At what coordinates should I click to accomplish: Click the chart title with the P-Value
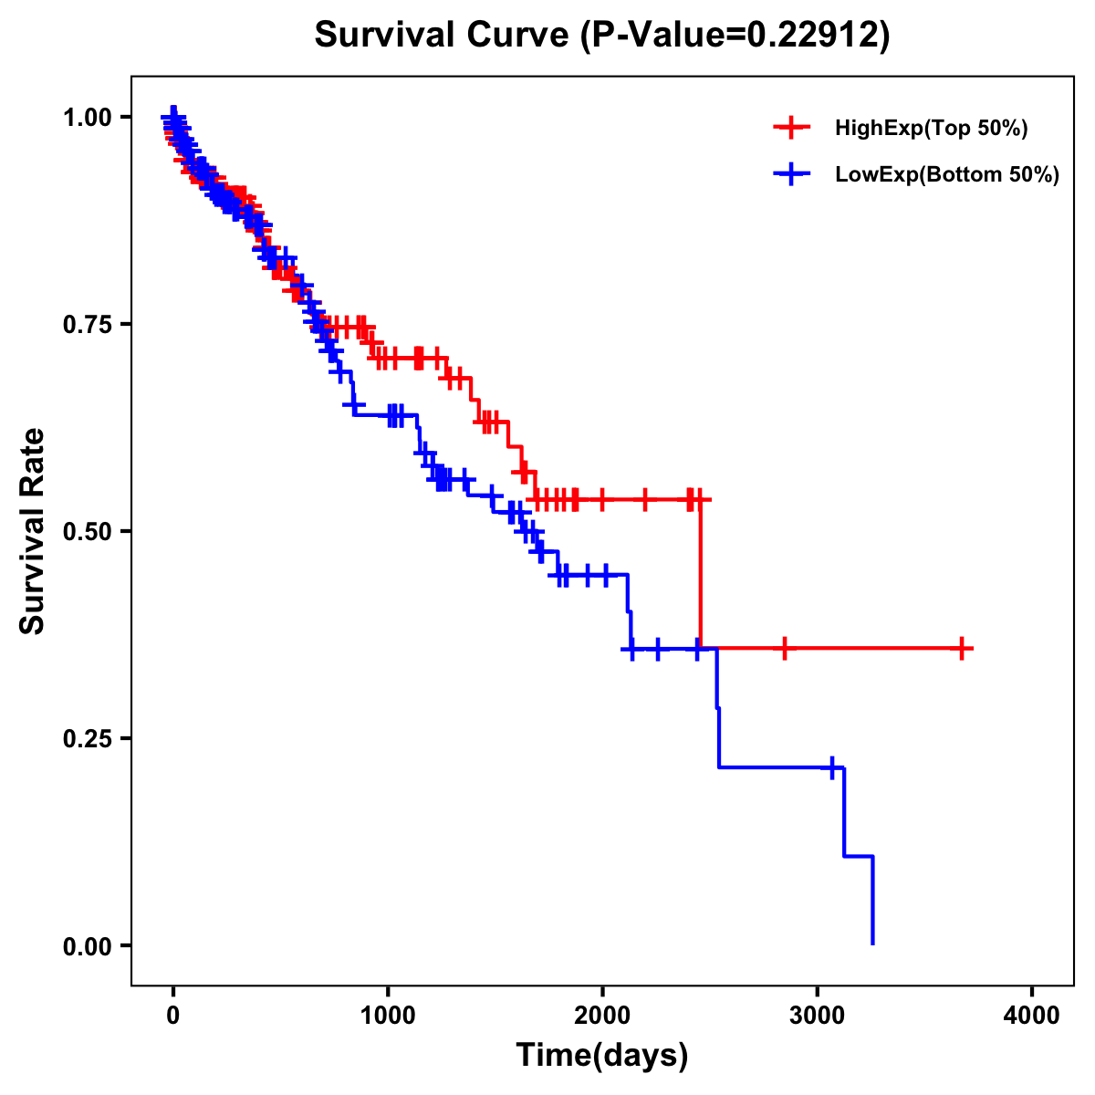(601, 35)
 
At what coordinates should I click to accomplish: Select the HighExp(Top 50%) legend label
(931, 129)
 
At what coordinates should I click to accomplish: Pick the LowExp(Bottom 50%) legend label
(947, 175)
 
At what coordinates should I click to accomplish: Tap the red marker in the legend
(791, 129)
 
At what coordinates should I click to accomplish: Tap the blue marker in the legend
(791, 174)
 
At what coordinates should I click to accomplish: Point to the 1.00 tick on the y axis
(87, 118)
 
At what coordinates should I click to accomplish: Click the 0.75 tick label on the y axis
(87, 325)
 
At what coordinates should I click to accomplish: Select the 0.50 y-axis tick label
(87, 532)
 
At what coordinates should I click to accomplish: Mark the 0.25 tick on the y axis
(87, 738)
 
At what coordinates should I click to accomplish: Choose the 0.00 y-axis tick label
(87, 946)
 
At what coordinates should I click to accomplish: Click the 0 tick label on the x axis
(173, 1015)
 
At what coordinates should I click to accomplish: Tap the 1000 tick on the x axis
(388, 1015)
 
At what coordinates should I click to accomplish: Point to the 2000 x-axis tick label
(602, 1015)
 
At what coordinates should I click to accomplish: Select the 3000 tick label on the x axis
(818, 1015)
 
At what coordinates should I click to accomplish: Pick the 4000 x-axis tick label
(1032, 1015)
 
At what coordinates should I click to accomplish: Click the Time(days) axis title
(602, 1056)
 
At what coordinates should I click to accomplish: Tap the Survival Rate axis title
(33, 531)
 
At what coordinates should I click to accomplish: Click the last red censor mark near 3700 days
(962, 649)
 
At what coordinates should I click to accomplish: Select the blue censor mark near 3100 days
(832, 767)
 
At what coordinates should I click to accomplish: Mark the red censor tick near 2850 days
(784, 649)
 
